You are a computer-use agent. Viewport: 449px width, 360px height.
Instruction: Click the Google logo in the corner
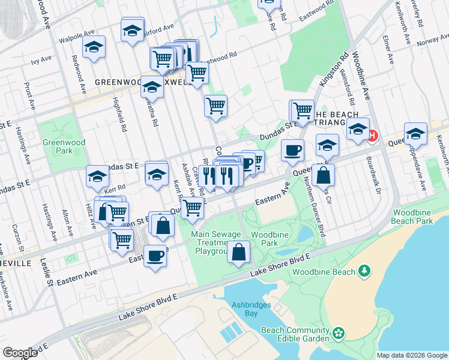click(x=20, y=353)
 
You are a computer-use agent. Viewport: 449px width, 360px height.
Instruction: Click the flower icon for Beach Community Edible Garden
click(x=339, y=332)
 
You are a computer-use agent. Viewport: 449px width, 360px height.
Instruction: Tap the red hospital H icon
click(x=373, y=136)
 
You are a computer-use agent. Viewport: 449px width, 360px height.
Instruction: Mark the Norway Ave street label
click(x=432, y=43)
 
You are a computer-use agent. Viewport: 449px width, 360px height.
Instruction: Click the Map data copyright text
click(x=412, y=355)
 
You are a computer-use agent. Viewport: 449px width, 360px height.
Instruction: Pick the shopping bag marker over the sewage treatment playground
click(x=239, y=252)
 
